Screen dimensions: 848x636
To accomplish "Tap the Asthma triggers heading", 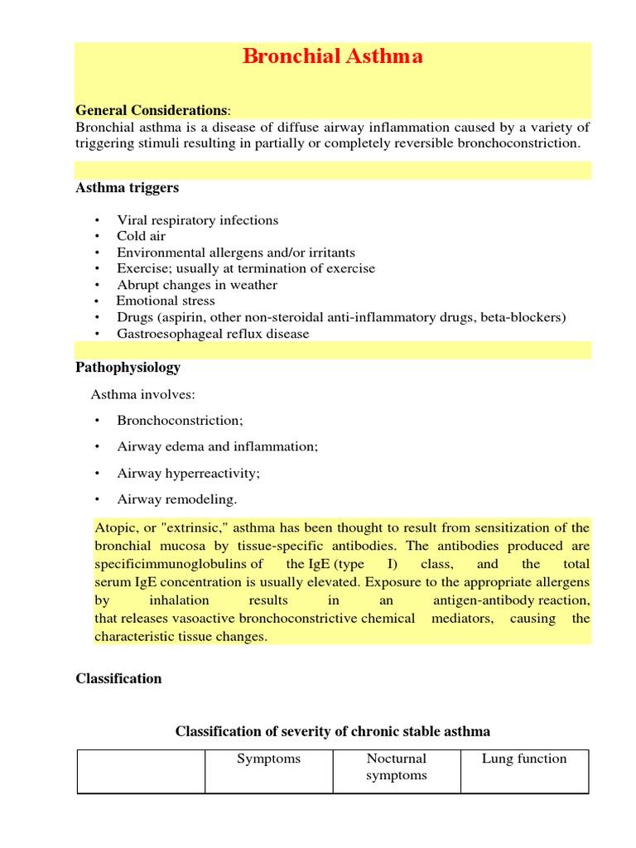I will [127, 188].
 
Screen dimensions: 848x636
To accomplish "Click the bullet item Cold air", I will [141, 236].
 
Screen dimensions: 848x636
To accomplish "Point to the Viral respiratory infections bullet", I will [197, 220].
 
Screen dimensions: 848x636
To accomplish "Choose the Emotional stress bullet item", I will [166, 301].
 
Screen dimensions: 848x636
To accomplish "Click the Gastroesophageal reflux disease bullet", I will [213, 334].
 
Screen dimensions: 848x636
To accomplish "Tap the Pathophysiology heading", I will [128, 367].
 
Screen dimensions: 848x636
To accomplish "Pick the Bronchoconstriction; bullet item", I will [180, 421].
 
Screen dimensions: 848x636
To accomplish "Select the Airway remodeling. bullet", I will [176, 499].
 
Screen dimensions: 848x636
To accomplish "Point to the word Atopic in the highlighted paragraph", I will [115, 528].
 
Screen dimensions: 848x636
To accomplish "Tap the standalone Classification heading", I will [118, 678].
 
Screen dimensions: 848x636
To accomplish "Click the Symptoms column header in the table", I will [268, 759].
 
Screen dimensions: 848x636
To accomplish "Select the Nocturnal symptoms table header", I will [397, 767].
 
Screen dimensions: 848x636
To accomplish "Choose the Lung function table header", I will [524, 759].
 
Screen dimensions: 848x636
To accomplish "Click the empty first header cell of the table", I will [141, 771].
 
